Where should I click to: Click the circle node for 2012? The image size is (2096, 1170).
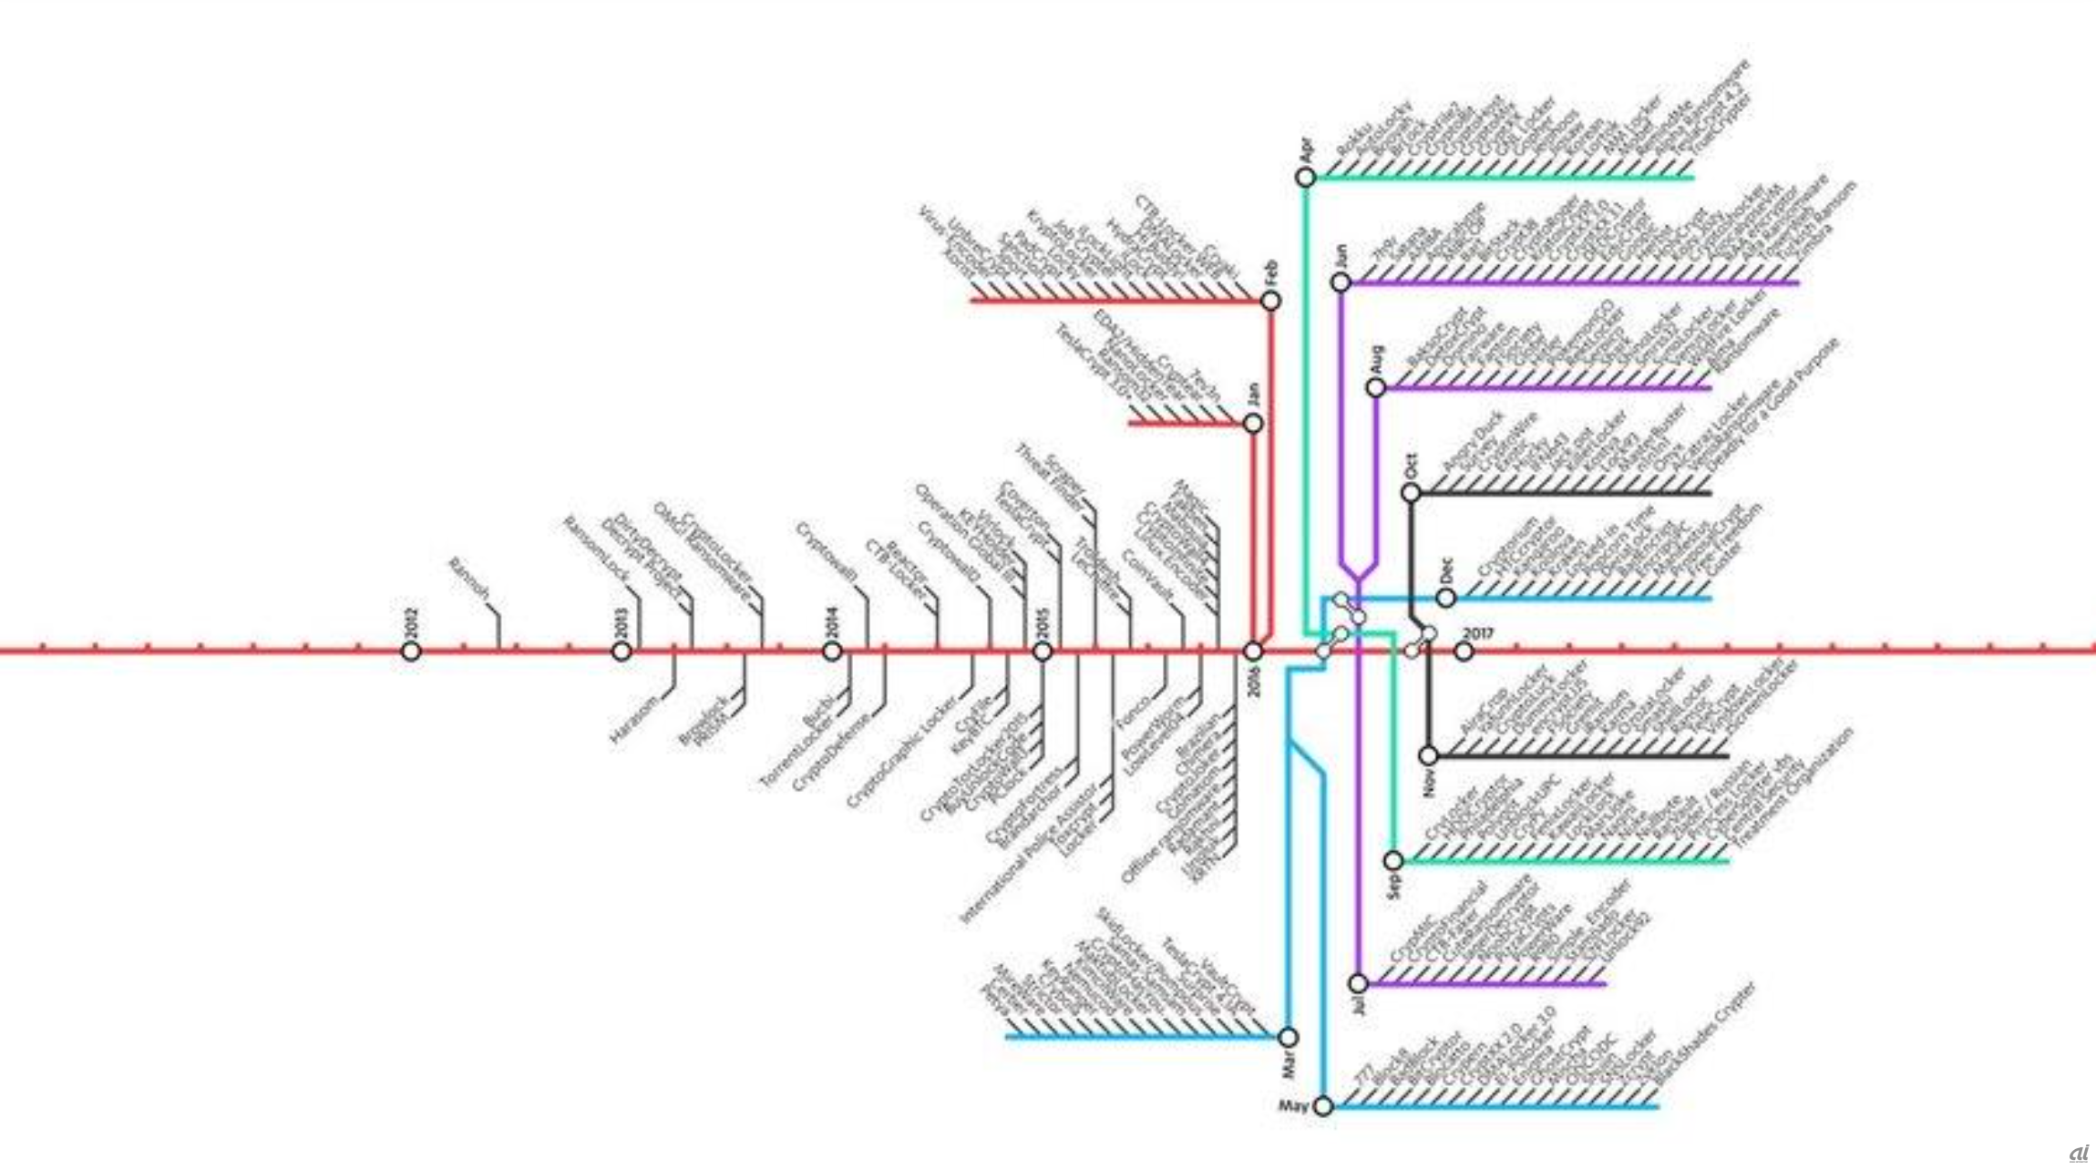coord(411,652)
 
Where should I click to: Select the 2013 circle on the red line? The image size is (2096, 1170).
coord(622,652)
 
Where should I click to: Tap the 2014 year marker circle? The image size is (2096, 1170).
coord(832,652)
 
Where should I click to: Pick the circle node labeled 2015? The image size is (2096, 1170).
coord(1043,652)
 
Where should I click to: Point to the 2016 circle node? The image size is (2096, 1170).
coord(1253,652)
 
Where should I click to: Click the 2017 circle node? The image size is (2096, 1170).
coord(1464,652)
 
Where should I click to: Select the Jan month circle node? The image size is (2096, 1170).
coord(1253,423)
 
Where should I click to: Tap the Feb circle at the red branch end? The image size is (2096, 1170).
coord(1270,301)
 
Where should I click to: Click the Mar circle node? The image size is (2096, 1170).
coord(1288,1037)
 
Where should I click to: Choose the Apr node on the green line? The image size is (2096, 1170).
coord(1305,178)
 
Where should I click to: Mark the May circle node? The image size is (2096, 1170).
coord(1323,1106)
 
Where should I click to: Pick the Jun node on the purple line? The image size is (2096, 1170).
coord(1341,282)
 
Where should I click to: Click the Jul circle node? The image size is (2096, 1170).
coord(1358,983)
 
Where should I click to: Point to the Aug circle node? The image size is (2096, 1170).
coord(1375,388)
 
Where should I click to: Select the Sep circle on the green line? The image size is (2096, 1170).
coord(1393,860)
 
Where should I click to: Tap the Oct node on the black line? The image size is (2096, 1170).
coord(1411,493)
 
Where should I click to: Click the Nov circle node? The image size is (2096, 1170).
coord(1428,755)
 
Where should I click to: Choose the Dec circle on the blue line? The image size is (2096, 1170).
coord(1445,598)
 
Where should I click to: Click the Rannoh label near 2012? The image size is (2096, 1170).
coord(470,580)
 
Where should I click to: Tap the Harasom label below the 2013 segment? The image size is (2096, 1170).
coord(634,720)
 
